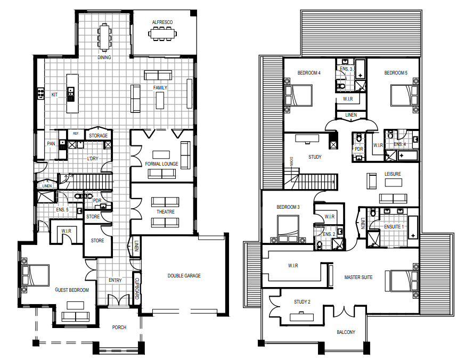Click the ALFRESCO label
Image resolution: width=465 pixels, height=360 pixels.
coord(162,22)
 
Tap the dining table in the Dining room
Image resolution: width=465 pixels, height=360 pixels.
coord(104,37)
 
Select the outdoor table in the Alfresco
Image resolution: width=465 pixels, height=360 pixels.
coord(162,34)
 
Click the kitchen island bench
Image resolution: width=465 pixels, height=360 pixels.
coord(72,93)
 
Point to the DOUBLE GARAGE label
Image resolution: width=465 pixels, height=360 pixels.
coord(184,276)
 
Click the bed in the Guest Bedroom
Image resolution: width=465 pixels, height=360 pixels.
coord(35,275)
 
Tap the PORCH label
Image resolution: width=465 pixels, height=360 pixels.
coord(119,328)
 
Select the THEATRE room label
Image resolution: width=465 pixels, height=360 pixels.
coord(166,212)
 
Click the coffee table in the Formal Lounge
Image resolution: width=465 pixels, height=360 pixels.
coord(161,154)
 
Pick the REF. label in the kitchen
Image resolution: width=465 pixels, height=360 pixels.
coord(76,134)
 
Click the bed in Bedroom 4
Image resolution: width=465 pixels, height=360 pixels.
coord(298,95)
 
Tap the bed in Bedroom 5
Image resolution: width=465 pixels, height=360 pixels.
coord(404,95)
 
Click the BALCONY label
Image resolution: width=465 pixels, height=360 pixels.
coord(346,332)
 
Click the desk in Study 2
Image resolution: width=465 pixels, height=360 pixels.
coord(301,317)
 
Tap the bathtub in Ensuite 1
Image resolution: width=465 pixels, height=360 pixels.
coord(413,228)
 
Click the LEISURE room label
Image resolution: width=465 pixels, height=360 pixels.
coord(393,174)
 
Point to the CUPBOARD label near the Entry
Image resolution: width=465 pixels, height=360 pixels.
coord(137,288)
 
